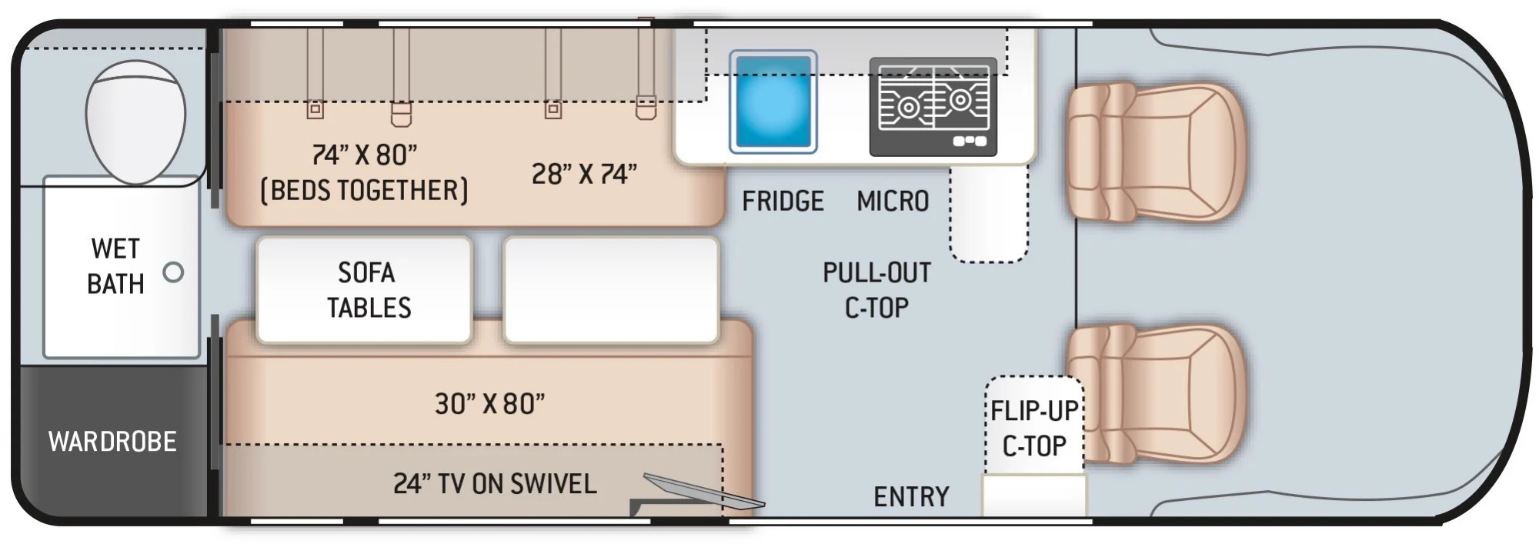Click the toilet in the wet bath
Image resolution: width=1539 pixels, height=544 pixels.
135,122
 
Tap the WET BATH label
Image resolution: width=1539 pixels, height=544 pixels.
115,266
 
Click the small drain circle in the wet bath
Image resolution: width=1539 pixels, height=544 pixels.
174,272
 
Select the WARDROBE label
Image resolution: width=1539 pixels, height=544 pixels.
112,442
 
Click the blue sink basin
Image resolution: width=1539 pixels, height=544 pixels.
773,102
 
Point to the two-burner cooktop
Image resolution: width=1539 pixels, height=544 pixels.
933,106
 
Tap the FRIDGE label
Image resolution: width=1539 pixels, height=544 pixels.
783,202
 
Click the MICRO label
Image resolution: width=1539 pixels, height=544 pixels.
893,202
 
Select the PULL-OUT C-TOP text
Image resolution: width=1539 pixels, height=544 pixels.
876,290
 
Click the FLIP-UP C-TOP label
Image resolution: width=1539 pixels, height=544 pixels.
1034,429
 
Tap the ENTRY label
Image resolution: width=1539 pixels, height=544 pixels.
911,497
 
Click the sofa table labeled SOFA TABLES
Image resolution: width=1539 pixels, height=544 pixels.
364,289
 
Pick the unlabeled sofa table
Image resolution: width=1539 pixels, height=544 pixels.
611,289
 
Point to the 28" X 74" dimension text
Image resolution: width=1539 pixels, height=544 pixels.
585,174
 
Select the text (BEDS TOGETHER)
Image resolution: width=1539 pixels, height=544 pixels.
364,190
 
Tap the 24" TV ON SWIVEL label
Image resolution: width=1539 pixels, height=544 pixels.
495,483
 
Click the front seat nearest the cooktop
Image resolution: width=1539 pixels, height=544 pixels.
1155,152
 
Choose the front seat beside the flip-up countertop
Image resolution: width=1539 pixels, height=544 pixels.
1155,393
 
